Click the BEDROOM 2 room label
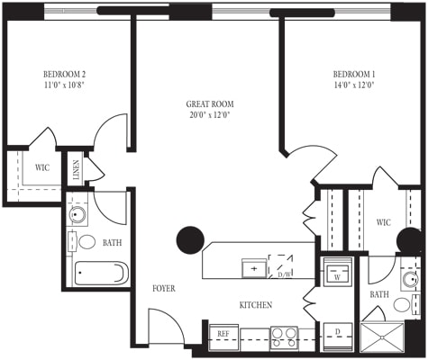click(64, 74)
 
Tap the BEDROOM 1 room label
click(353, 74)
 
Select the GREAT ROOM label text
click(210, 103)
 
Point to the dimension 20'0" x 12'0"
click(210, 115)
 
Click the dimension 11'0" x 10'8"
click(64, 85)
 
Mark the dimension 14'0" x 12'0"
click(353, 85)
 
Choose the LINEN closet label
click(77, 171)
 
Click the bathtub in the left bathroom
click(101, 273)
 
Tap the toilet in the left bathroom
click(87, 241)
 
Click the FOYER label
click(163, 289)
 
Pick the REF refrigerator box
click(223, 335)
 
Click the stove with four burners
click(285, 337)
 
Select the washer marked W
click(338, 271)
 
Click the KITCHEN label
click(255, 306)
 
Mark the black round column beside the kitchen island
click(190, 239)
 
